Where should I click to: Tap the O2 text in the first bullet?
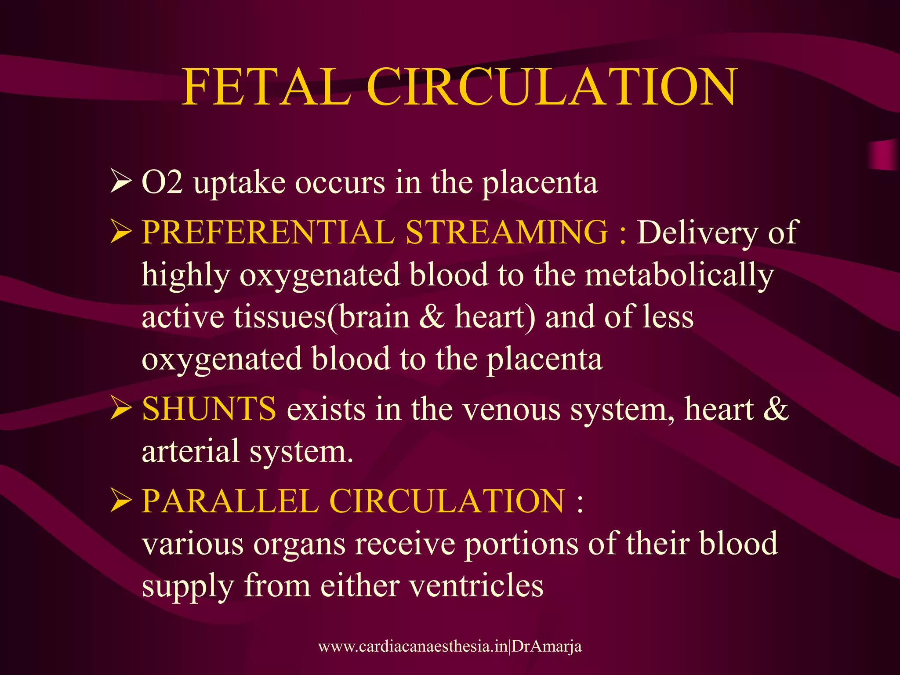click(162, 182)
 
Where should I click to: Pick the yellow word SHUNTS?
click(209, 409)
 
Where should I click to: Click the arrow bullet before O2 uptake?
click(120, 182)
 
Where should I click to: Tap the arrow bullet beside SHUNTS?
click(120, 408)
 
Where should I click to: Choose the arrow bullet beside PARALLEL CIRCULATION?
click(120, 501)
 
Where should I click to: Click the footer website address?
click(450, 646)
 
